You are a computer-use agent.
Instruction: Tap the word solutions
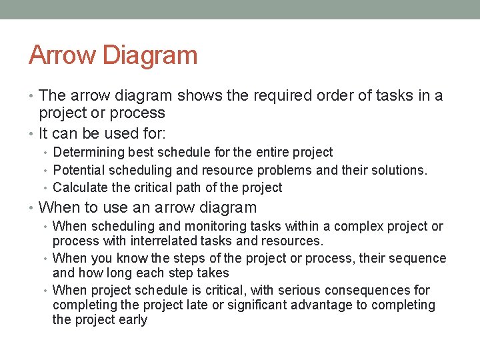[x=399, y=170]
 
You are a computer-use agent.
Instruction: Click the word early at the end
[x=131, y=319]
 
